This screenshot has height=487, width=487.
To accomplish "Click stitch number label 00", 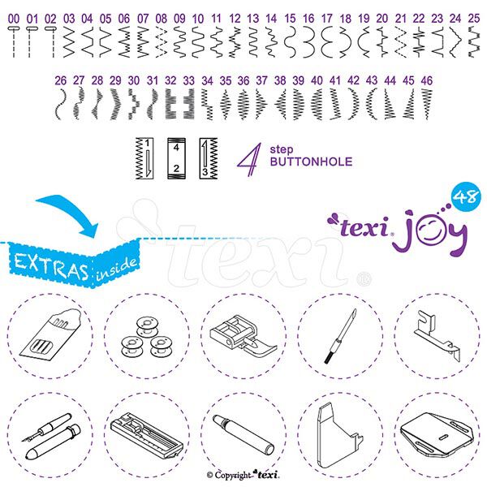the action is [x=14, y=19].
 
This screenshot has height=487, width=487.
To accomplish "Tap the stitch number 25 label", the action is [x=474, y=19].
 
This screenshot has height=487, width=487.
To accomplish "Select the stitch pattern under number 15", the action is [x=291, y=42].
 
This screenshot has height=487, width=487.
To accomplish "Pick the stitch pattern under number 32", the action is [x=170, y=104].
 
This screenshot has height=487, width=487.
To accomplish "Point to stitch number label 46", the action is [x=427, y=80].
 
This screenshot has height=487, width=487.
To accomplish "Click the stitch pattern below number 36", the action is [x=243, y=104].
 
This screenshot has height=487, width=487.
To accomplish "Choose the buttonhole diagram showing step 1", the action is [x=144, y=158].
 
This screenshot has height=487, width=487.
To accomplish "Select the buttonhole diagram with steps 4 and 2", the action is [x=176, y=158].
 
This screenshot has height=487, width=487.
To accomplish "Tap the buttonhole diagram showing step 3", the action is [x=209, y=158].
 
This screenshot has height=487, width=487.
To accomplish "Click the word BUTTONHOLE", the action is [x=311, y=162].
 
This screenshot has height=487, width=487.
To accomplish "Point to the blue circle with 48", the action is [x=464, y=196].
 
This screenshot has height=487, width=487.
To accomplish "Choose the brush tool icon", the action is [x=340, y=336].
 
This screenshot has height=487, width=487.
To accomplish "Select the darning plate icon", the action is [x=437, y=435].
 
